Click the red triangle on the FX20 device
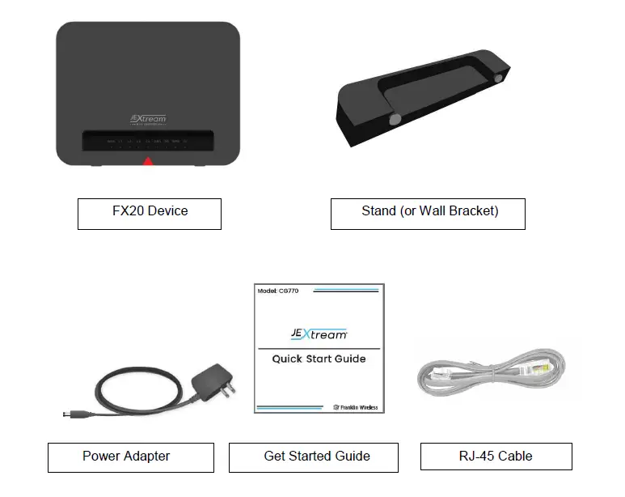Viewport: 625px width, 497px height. click(x=148, y=162)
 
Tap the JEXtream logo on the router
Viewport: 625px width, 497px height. click(x=148, y=119)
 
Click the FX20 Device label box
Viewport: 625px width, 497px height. click(x=150, y=212)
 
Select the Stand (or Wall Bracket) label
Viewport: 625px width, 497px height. click(x=429, y=212)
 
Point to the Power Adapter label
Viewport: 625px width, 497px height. click(x=126, y=457)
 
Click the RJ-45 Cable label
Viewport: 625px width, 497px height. click(x=496, y=457)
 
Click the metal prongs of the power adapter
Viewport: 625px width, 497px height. click(x=229, y=391)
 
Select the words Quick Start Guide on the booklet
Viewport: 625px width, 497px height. click(x=319, y=359)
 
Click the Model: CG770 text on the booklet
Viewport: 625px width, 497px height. click(x=277, y=290)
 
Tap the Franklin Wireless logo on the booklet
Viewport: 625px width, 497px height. click(x=356, y=407)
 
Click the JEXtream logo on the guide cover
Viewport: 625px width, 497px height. click(x=319, y=333)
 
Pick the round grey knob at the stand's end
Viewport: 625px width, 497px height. click(x=499, y=78)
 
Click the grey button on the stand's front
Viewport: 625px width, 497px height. click(x=395, y=119)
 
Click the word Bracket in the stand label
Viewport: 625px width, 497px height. click(x=472, y=212)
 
